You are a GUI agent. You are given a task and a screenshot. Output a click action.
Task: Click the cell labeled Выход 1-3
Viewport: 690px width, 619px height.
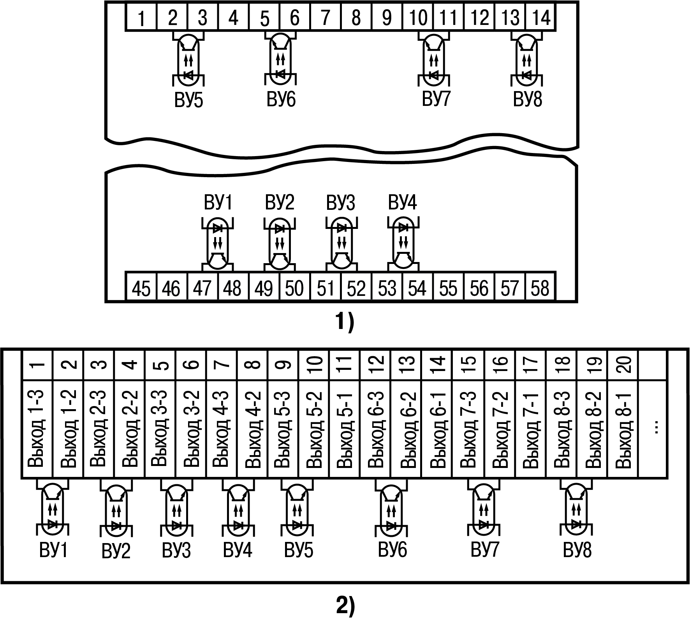(37, 428)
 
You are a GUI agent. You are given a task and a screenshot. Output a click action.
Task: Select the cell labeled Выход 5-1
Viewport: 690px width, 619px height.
(345, 428)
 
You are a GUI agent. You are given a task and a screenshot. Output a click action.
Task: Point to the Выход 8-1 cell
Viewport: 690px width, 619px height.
(623, 428)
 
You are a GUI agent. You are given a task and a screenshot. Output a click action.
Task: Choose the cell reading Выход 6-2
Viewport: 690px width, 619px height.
(407, 428)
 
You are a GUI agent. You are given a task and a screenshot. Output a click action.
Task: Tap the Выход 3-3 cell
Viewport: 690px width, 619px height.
(160, 428)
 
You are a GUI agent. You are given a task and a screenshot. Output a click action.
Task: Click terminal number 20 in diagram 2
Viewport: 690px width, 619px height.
(623, 365)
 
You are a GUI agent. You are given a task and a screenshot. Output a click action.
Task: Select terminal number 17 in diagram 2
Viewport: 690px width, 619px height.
(531, 365)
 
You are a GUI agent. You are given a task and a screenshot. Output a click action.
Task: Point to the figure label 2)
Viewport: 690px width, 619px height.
(345, 607)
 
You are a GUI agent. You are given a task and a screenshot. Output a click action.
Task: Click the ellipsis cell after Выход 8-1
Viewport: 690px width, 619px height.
(654, 428)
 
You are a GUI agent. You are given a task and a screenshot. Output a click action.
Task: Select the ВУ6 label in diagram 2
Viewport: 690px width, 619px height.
(393, 550)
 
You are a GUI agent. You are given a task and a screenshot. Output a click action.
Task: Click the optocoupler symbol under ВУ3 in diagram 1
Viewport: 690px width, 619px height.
(341, 244)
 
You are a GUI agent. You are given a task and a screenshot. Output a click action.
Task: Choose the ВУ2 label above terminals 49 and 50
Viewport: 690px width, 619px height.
(280, 203)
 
